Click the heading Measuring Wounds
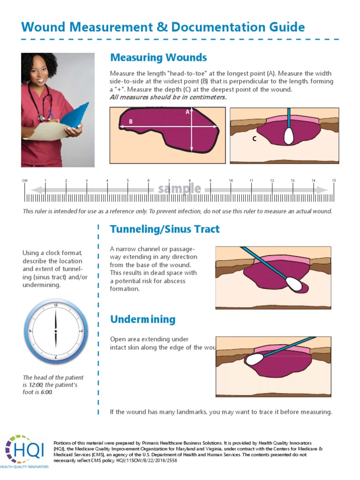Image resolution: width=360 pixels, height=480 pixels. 158,58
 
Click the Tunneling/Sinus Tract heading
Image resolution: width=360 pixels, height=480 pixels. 165,229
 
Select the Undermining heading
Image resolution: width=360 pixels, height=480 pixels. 142,319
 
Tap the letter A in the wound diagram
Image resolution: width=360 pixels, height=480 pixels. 187,112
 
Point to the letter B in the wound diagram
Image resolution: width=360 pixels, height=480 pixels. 131,122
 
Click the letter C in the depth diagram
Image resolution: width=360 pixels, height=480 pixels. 254,139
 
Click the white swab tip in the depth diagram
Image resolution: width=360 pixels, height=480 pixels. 289,135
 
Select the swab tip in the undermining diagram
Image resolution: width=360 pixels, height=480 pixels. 254,359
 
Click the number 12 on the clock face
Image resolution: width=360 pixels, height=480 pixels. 56,305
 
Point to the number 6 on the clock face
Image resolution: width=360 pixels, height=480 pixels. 56,357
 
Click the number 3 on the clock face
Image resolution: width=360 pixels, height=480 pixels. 82,331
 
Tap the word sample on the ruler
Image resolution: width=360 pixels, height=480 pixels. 180,189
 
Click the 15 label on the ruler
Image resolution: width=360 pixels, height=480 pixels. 334,180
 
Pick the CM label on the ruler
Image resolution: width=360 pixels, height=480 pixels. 25,180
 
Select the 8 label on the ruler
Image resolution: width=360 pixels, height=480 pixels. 190,180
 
